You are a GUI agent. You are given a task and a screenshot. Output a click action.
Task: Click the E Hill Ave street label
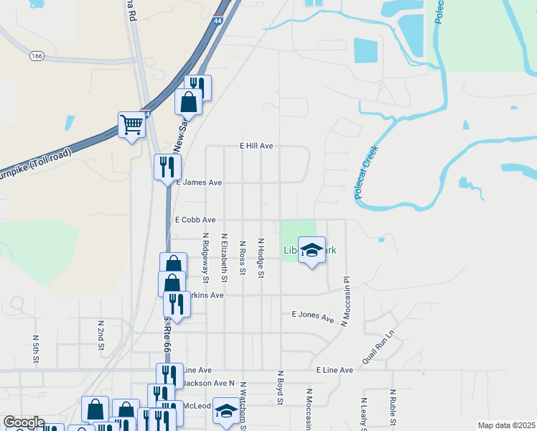point(256,146)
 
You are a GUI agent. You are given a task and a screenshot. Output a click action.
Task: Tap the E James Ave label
point(199,182)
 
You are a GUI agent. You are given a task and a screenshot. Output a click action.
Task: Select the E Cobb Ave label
point(195,220)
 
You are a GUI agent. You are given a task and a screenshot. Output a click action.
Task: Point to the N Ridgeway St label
point(206,256)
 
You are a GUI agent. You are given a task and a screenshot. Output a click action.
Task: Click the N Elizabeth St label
point(225,256)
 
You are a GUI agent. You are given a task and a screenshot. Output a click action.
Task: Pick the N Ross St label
point(243,257)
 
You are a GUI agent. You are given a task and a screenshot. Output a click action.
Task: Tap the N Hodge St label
point(261,259)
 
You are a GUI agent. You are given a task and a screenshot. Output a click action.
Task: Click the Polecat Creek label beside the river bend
point(366,172)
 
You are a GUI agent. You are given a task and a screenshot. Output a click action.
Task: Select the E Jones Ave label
point(313,316)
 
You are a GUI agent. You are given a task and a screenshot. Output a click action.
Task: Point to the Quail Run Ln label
point(379,347)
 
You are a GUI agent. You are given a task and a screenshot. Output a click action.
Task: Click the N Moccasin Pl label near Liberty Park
point(345,302)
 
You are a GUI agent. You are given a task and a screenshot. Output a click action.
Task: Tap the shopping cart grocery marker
point(132,125)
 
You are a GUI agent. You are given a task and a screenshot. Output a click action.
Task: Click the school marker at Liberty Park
point(312,250)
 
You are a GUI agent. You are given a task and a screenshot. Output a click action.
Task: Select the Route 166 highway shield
point(37,55)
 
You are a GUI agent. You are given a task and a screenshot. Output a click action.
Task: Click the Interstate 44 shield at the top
point(218,22)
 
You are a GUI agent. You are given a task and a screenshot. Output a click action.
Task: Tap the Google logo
point(23,422)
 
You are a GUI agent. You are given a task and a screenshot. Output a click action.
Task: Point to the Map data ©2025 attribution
point(507,425)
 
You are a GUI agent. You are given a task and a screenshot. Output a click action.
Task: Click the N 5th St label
point(35,348)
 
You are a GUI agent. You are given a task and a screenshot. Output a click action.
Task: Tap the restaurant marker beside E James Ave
point(167,167)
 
